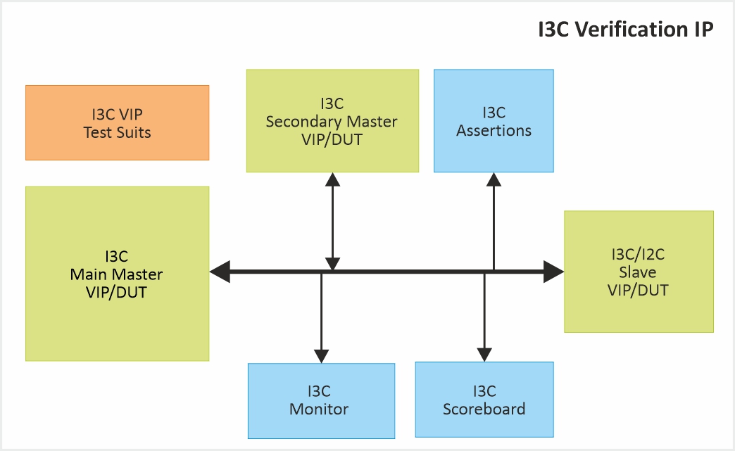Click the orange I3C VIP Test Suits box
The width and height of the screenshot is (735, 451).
pos(117,122)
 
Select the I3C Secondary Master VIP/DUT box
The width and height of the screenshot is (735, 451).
pos(332,120)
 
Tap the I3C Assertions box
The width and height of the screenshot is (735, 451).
pos(494,120)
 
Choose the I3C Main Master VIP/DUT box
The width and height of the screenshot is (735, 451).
pos(117,274)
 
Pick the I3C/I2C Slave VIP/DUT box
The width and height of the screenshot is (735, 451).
pos(639,272)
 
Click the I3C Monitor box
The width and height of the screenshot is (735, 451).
pos(321,400)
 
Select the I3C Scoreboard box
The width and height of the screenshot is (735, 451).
pos(484,400)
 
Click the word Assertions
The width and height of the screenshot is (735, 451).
pos(494,130)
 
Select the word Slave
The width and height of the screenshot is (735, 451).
pos(638,272)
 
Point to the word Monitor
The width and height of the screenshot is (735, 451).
pos(319,409)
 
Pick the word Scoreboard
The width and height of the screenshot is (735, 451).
pos(484,409)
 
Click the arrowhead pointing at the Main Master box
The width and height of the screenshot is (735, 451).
pos(220,271)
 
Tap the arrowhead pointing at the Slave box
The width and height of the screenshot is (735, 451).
pos(554,271)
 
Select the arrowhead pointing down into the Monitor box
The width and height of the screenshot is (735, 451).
pos(321,355)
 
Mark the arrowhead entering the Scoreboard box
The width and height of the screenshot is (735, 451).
pos(484,354)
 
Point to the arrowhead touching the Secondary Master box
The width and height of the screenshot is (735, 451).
pos(332,179)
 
